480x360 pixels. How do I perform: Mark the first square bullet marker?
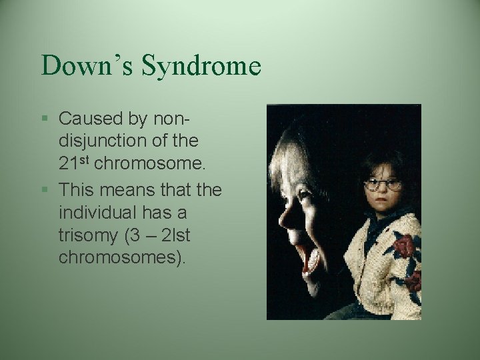(x=45, y=119)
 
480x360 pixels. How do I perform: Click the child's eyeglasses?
(x=383, y=184)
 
